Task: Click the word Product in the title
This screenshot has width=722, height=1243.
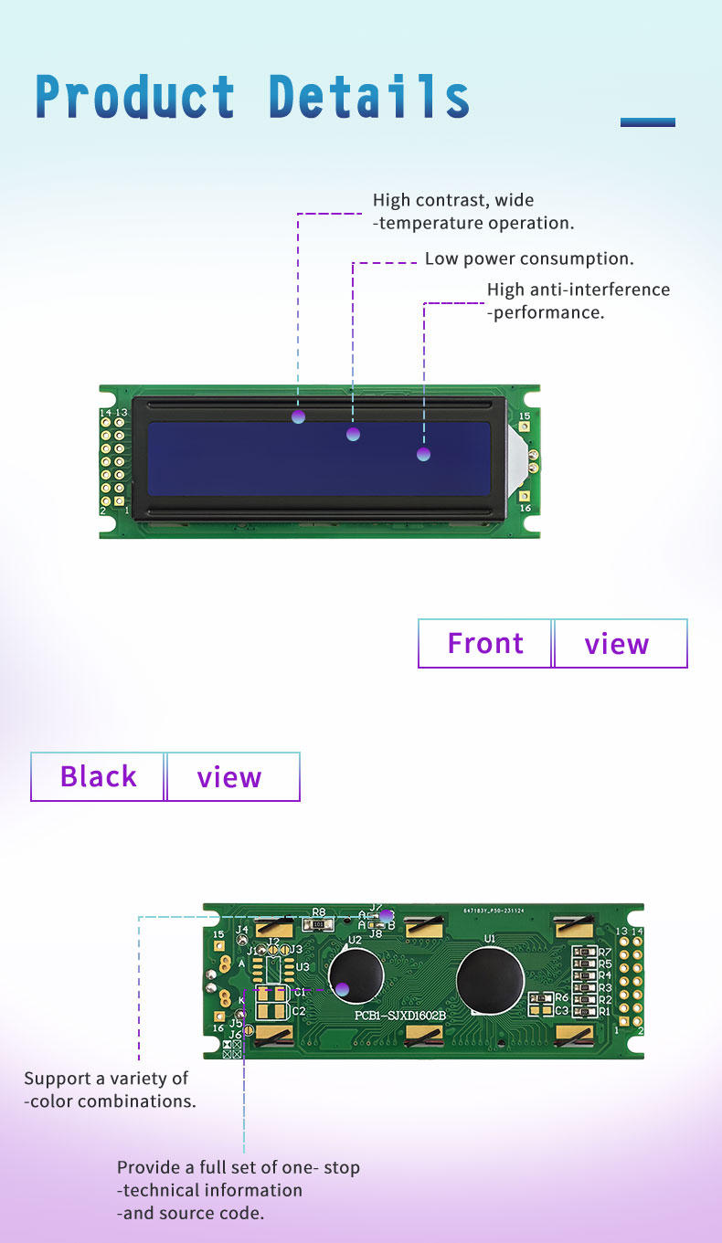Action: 135,97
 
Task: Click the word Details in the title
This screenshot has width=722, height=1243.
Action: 369,97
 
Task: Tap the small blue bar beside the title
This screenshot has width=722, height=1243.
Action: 647,121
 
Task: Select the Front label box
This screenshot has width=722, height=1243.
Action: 485,643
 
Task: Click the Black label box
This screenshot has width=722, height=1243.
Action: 98,776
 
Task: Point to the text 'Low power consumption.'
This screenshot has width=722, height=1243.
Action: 529,258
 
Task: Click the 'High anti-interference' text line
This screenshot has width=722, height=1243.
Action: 578,290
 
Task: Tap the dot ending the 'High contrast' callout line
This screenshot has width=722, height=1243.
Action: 298,416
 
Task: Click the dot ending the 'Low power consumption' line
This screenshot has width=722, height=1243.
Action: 354,434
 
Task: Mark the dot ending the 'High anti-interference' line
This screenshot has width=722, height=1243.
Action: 423,453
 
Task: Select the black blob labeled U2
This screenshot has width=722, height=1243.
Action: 356,978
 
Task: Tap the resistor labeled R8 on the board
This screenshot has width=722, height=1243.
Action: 318,924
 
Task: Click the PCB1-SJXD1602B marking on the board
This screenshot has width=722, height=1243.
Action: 400,1016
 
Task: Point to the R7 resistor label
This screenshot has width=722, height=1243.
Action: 605,952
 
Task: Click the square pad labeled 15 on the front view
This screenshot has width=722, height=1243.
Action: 525,427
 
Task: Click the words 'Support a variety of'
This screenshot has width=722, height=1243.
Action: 106,1079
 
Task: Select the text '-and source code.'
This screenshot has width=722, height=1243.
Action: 190,1213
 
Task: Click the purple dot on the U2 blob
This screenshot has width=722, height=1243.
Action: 342,988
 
